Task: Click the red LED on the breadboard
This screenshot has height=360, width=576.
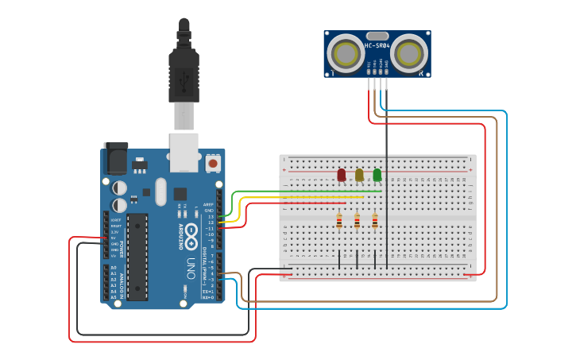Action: [342, 175]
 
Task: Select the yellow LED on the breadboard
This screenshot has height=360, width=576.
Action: [359, 175]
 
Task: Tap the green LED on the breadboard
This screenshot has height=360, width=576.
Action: [377, 175]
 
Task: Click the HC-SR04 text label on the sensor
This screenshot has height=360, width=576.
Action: [377, 45]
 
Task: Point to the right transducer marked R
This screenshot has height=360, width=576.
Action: [409, 54]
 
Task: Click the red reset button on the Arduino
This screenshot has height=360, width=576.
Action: [213, 163]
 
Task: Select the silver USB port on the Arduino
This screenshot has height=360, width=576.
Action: [184, 152]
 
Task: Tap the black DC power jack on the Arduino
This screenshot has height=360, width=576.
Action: [115, 158]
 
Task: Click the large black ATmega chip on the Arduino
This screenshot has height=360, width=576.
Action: [137, 256]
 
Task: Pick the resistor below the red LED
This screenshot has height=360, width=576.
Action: [339, 221]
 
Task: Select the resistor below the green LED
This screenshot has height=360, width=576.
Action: [375, 221]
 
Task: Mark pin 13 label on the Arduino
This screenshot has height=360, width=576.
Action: [211, 216]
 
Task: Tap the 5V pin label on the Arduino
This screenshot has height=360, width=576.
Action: [114, 238]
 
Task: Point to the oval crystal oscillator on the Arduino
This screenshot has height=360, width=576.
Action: [162, 192]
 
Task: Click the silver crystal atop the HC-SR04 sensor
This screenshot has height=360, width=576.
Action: [377, 36]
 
